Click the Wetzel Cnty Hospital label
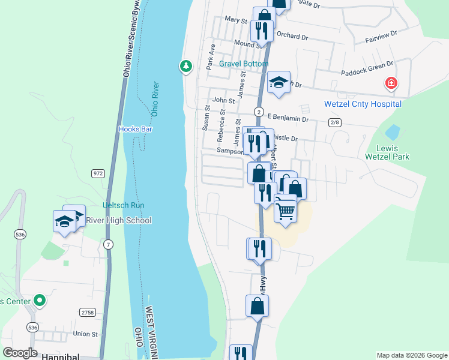point(363,104)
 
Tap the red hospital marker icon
point(391,83)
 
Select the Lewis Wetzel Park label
point(387,152)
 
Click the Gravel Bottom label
point(244,64)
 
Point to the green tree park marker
point(186,66)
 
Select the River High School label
point(119,220)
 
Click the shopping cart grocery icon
point(286,209)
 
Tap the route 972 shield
point(98,173)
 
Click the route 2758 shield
point(88,312)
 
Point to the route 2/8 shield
point(335,122)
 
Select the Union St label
point(85,334)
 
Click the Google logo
point(20,353)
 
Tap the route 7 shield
point(108,244)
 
